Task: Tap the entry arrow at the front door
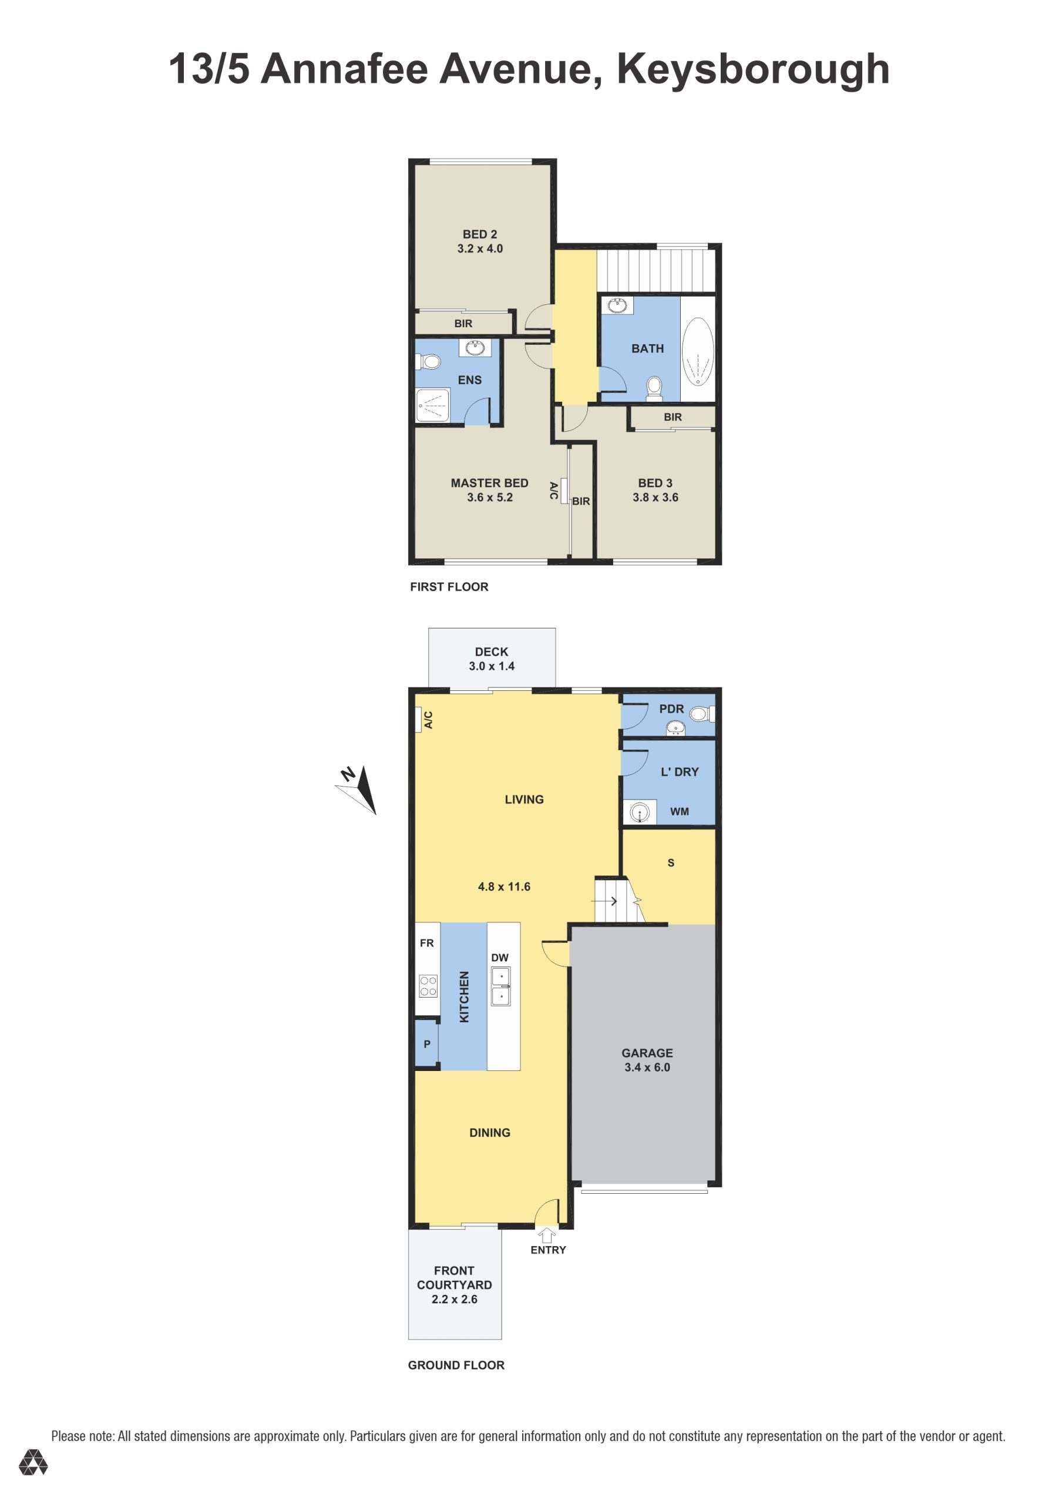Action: coord(547,1236)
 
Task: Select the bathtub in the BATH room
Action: coord(698,351)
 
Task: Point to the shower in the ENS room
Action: coord(433,405)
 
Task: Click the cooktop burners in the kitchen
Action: coord(428,986)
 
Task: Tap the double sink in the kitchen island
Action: coord(501,986)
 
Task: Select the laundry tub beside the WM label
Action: coord(639,813)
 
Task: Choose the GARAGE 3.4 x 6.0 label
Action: coord(647,1060)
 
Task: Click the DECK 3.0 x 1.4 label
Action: coord(491,659)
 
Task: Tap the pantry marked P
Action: coord(427,1043)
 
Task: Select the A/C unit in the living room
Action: coord(419,719)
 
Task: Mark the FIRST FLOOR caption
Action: coord(449,587)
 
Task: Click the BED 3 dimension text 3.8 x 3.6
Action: coord(655,497)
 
